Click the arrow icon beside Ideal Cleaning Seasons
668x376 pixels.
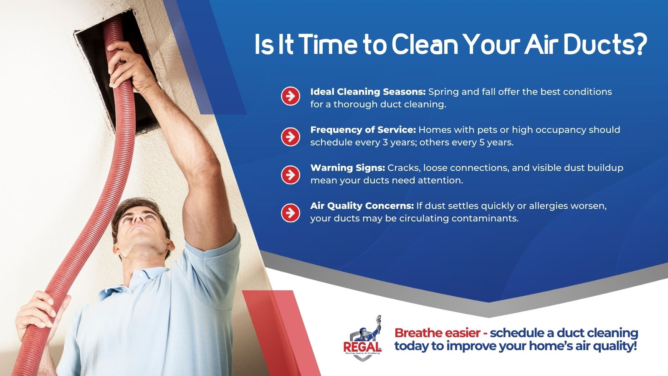tap(290, 96)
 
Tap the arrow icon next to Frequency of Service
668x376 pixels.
tap(290, 137)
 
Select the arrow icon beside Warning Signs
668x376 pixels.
tap(290, 175)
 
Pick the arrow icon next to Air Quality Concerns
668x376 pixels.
tap(290, 213)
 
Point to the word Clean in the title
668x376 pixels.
tap(424, 45)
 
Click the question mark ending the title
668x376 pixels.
tap(641, 45)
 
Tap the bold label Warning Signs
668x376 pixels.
tap(348, 168)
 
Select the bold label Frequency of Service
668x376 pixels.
tap(363, 130)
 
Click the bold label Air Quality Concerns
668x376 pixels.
tap(362, 206)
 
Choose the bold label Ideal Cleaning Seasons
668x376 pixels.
tap(368, 91)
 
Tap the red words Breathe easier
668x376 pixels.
tap(438, 333)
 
